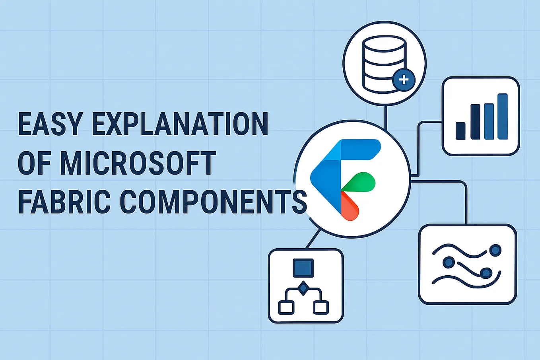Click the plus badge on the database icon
(x=404, y=80)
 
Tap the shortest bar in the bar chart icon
(x=460, y=131)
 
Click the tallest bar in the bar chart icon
(x=503, y=117)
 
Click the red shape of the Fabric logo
(x=350, y=206)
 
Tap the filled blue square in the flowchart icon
(x=303, y=268)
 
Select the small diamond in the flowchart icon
(x=303, y=288)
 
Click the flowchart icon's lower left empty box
(x=286, y=307)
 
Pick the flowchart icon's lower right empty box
(x=321, y=307)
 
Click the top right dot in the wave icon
(x=495, y=250)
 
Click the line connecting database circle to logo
(x=386, y=118)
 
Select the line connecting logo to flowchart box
(x=313, y=239)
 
